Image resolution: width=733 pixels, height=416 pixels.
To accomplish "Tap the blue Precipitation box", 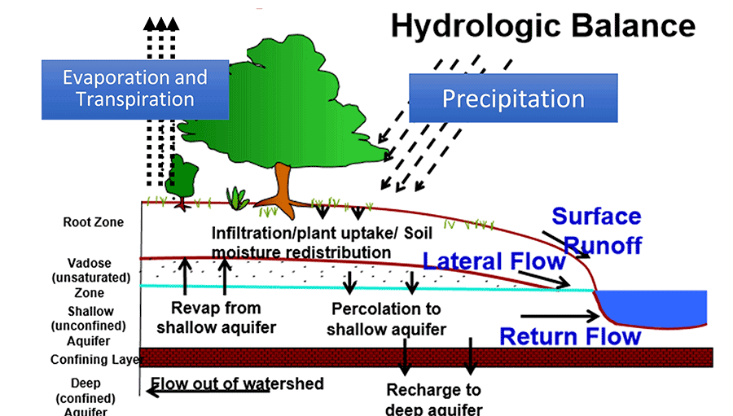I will (513, 99).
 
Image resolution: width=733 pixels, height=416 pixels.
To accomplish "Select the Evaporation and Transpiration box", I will (135, 89).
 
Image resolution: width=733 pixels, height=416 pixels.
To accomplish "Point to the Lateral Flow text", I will (494, 261).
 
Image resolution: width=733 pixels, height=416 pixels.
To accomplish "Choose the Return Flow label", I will (570, 335).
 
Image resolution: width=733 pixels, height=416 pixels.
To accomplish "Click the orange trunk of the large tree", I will (283, 182).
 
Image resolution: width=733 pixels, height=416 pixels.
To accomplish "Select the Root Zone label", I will (94, 222).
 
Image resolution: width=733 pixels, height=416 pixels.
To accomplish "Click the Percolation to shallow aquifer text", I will (386, 319).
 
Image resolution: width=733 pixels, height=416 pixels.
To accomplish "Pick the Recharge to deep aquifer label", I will (433, 400).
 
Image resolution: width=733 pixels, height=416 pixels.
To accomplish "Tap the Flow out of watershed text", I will (237, 383).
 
